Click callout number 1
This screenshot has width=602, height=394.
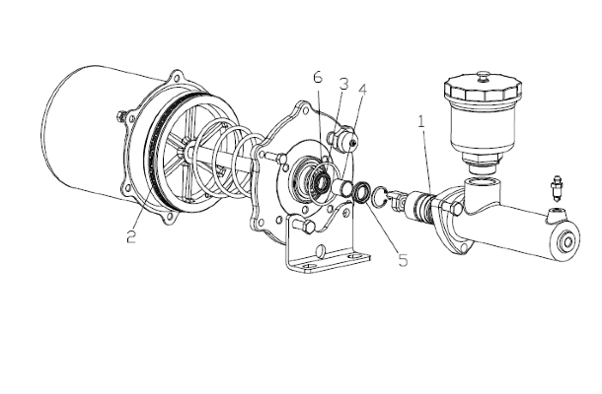click(421, 122)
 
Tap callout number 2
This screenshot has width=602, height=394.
click(131, 236)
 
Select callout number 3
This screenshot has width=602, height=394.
click(343, 84)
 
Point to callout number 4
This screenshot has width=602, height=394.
click(362, 90)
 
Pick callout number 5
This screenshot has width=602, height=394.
click(403, 260)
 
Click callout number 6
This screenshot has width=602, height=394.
click(318, 77)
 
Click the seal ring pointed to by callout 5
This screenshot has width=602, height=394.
click(362, 193)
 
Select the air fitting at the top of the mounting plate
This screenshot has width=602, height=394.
click(342, 140)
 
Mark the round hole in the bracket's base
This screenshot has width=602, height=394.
click(321, 252)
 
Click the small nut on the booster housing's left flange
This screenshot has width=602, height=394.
click(121, 116)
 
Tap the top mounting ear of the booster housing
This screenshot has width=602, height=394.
click(177, 78)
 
